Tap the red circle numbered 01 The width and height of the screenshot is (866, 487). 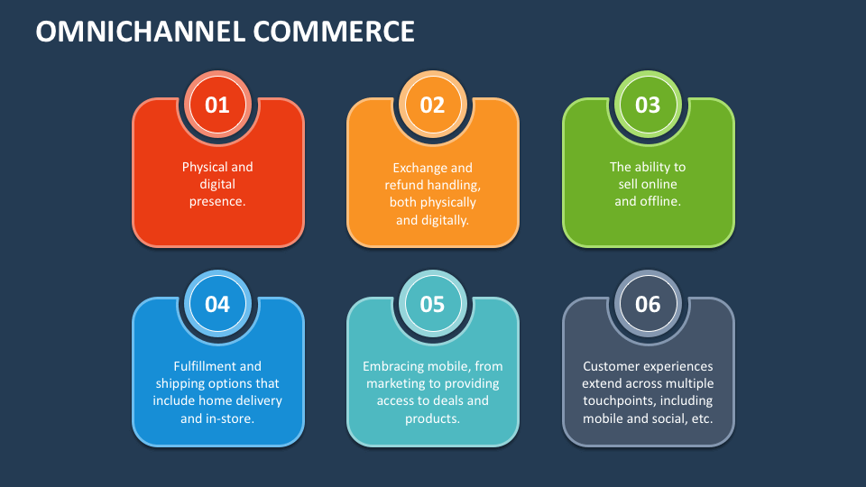pyautogui.click(x=217, y=105)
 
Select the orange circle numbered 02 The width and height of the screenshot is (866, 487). pyautogui.click(x=433, y=105)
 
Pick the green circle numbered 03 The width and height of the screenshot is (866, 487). pyautogui.click(x=648, y=105)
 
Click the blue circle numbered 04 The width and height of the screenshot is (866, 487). pyautogui.click(x=217, y=304)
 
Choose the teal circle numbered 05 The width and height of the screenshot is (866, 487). pyautogui.click(x=433, y=304)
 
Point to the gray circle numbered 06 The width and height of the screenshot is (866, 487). pyautogui.click(x=648, y=304)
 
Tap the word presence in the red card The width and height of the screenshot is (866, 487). pyautogui.click(x=216, y=201)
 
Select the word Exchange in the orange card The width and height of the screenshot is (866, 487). pyautogui.click(x=419, y=168)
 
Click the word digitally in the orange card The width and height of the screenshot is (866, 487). pyautogui.click(x=445, y=219)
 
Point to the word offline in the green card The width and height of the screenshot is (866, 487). pyautogui.click(x=659, y=201)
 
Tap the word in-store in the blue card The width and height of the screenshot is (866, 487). pyautogui.click(x=229, y=418)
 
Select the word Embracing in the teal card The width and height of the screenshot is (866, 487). pyautogui.click(x=392, y=366)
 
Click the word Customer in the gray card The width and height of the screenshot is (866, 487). pyautogui.click(x=612, y=366)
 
